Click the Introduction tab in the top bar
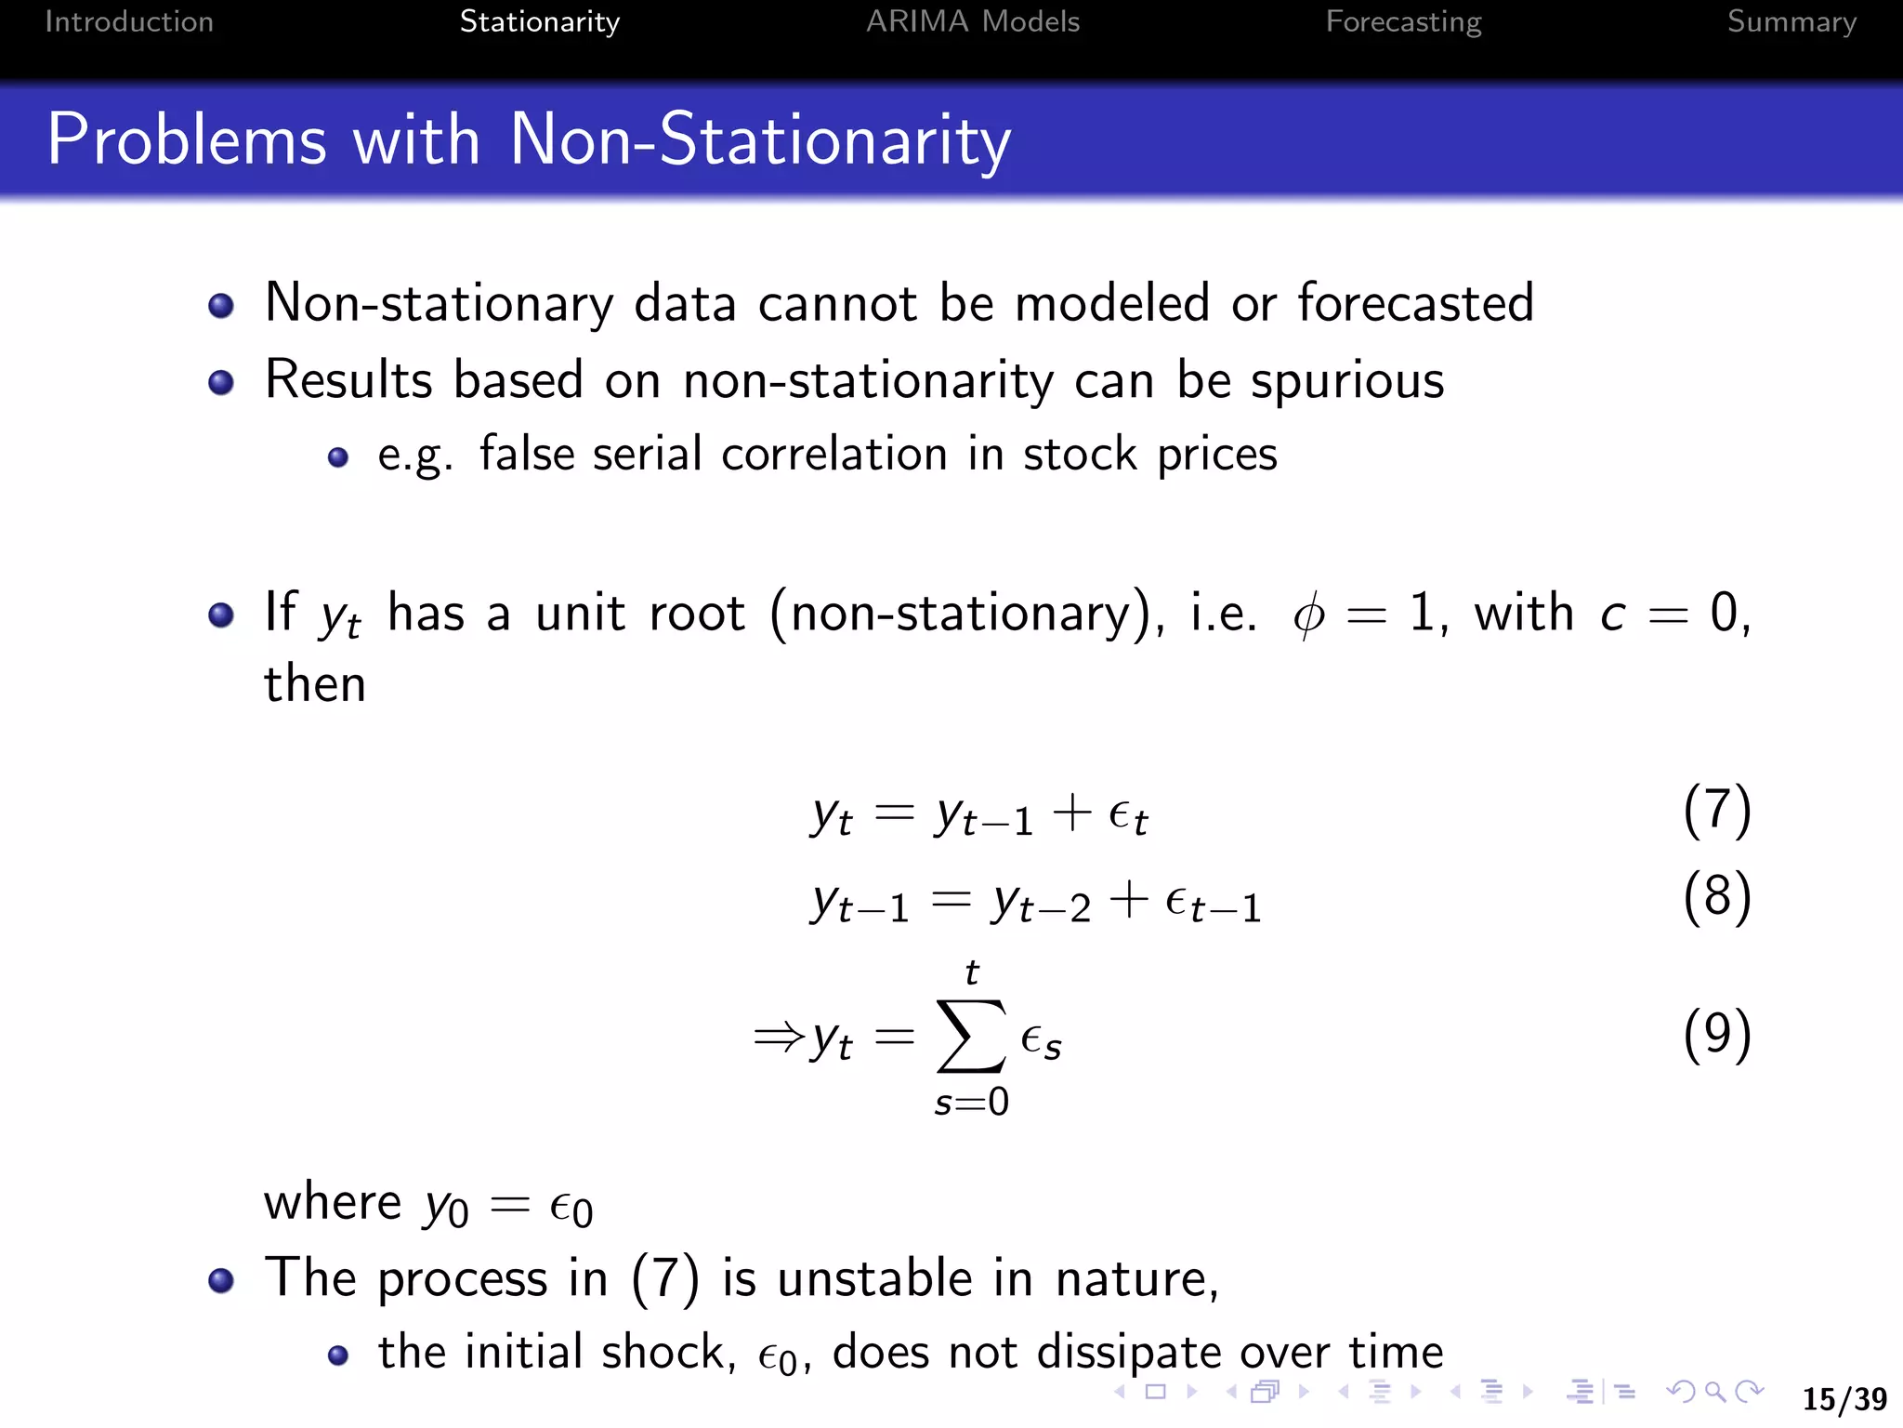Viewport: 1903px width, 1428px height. pyautogui.click(x=129, y=21)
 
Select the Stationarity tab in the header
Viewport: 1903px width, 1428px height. pyautogui.click(x=539, y=21)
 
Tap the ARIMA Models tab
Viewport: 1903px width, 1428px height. pyautogui.click(x=973, y=21)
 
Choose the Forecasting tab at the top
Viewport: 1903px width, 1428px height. pyautogui.click(x=1403, y=21)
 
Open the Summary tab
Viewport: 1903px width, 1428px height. pyautogui.click(x=1791, y=21)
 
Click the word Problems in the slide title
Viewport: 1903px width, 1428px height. pyautogui.click(x=187, y=139)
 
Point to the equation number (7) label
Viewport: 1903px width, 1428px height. pyautogui.click(x=1717, y=811)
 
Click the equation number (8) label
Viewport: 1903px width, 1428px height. pyautogui.click(x=1717, y=898)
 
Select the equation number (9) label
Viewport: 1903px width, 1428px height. pyautogui.click(x=1717, y=1036)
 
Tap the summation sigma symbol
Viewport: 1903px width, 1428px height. pyautogui.click(x=971, y=1036)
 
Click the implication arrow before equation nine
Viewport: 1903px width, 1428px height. pyautogui.click(x=779, y=1036)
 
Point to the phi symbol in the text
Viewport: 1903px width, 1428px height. pyautogui.click(x=1308, y=615)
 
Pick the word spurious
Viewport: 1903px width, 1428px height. pyautogui.click(x=1346, y=381)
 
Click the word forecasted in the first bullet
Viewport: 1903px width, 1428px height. pyautogui.click(x=1415, y=303)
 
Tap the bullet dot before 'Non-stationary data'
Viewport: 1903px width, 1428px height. pyautogui.click(x=221, y=306)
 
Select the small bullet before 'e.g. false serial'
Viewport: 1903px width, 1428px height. pyautogui.click(x=338, y=457)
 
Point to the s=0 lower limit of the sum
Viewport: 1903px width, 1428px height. pyautogui.click(x=971, y=1103)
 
